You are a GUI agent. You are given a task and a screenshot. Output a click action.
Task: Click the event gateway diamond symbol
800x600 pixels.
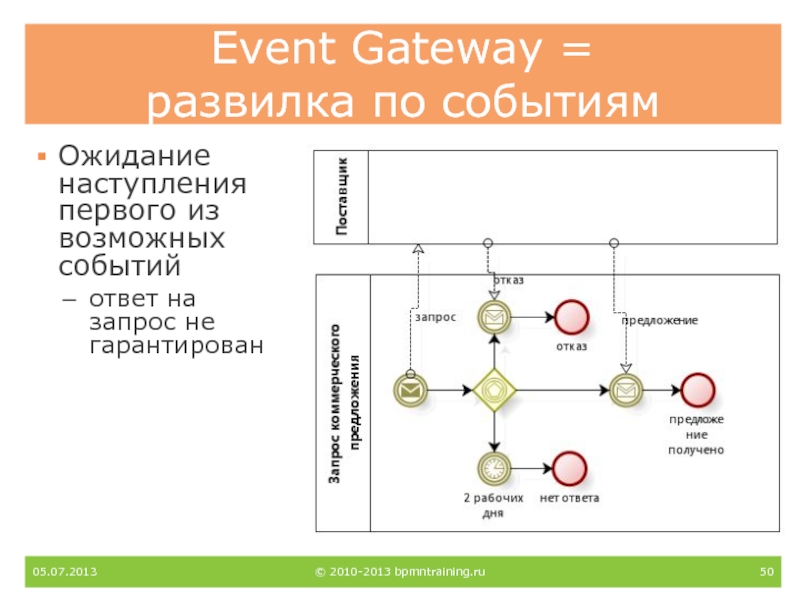[493, 388]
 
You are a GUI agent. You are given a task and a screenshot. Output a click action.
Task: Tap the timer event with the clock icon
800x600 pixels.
[493, 467]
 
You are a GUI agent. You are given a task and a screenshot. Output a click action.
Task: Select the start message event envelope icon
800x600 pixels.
[409, 389]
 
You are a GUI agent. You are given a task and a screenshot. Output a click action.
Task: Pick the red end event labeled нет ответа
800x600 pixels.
[569, 467]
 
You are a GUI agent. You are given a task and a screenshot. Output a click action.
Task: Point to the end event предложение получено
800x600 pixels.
[696, 389]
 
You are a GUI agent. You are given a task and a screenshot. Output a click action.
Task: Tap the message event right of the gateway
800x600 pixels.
[626, 389]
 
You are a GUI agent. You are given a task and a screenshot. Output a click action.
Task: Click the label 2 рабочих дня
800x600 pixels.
[493, 505]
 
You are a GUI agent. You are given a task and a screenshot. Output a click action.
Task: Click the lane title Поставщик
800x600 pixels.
[341, 196]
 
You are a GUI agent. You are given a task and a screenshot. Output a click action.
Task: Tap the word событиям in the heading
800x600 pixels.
[553, 103]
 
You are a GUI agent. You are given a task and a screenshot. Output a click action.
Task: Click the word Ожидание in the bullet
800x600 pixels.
[133, 157]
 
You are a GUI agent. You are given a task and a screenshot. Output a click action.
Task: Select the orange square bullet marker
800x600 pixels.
[41, 158]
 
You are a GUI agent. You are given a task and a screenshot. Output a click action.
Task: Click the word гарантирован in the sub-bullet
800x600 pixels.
[177, 345]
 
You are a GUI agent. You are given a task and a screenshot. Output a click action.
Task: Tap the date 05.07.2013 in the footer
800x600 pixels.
[65, 572]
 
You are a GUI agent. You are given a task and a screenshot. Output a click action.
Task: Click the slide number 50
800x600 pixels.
[767, 572]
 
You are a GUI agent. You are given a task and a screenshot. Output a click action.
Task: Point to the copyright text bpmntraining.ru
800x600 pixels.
[440, 572]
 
